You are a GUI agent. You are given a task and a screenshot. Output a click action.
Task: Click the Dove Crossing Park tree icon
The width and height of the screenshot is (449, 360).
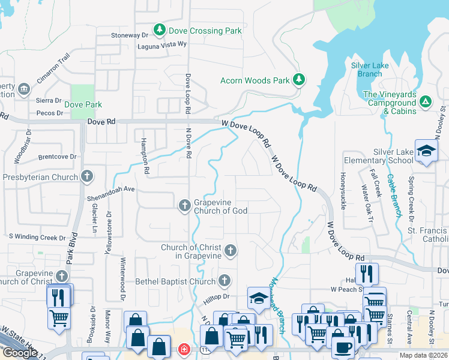(159, 29)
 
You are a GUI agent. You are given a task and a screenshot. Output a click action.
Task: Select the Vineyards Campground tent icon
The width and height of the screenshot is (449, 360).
(425, 102)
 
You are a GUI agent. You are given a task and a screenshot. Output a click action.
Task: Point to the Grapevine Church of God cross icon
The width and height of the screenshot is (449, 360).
(185, 206)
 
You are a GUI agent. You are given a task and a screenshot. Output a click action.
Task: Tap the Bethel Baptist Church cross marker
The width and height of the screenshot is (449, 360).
(224, 281)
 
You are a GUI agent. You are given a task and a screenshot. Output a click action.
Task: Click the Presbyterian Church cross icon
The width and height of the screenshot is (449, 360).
(87, 176)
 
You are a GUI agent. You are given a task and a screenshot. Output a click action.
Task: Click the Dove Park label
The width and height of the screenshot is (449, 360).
(83, 104)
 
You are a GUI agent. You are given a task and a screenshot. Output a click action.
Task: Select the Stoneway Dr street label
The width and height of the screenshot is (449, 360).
(129, 35)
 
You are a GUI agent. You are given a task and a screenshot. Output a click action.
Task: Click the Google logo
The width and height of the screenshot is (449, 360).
(20, 353)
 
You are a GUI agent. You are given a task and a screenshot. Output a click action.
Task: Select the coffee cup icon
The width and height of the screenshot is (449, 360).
(342, 347)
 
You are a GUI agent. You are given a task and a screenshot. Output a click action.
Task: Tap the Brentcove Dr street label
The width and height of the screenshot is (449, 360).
(58, 157)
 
